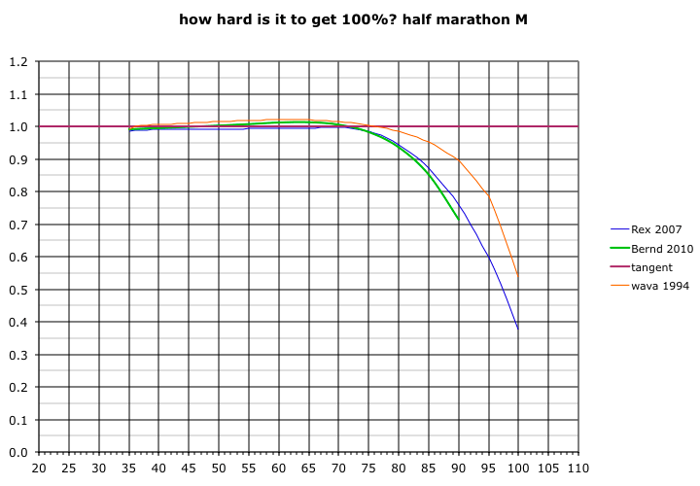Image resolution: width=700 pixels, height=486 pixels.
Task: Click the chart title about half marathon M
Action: click(353, 18)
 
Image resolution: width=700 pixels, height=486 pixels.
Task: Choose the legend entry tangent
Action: click(651, 267)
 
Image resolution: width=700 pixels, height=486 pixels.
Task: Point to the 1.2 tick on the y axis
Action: click(17, 62)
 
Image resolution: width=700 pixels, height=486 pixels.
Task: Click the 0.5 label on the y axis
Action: click(17, 290)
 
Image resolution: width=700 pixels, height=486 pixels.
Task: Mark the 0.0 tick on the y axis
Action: click(17, 452)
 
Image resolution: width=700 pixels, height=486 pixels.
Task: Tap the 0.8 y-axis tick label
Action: click(17, 192)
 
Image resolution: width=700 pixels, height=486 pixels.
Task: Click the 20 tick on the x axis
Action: click(39, 469)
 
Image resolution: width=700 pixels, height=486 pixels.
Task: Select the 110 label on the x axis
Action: click(578, 469)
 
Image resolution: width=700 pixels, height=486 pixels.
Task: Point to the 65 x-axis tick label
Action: click(308, 469)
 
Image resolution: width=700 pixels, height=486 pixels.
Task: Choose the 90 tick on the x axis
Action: click(458, 469)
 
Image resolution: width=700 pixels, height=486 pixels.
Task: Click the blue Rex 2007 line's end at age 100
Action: click(518, 330)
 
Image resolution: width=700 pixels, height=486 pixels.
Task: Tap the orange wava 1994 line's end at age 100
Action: click(518, 278)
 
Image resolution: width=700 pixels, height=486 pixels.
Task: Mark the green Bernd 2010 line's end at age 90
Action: click(458, 220)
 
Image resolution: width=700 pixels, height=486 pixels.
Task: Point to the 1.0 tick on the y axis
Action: click(17, 127)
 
